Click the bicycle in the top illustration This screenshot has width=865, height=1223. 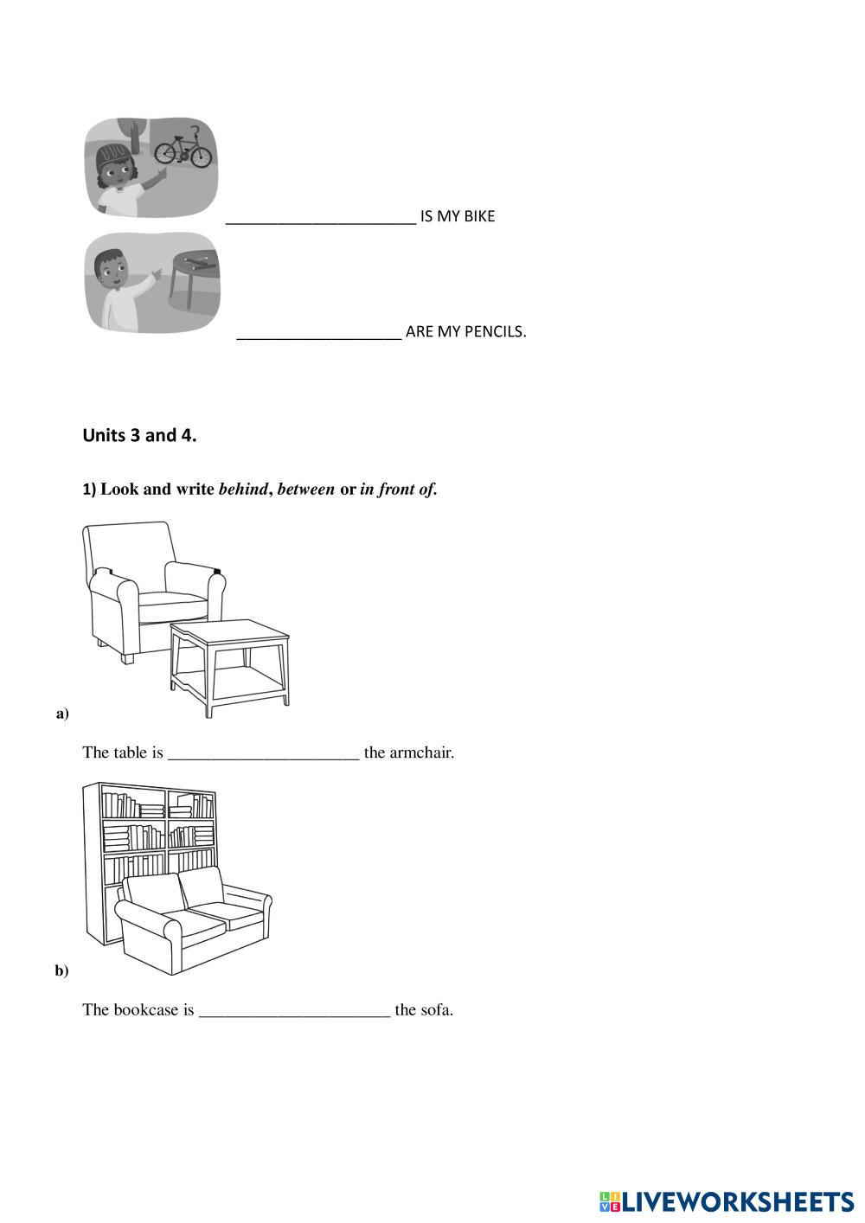[183, 150]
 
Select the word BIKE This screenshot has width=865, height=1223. [479, 216]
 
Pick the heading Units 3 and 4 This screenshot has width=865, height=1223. [139, 435]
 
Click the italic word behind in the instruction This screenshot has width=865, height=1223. [242, 490]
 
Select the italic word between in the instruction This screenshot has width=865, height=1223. [305, 490]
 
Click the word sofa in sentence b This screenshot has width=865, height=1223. [436, 1009]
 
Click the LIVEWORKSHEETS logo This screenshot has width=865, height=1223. [726, 1201]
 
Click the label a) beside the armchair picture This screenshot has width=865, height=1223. [62, 714]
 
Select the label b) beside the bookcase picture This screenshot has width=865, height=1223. [62, 970]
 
